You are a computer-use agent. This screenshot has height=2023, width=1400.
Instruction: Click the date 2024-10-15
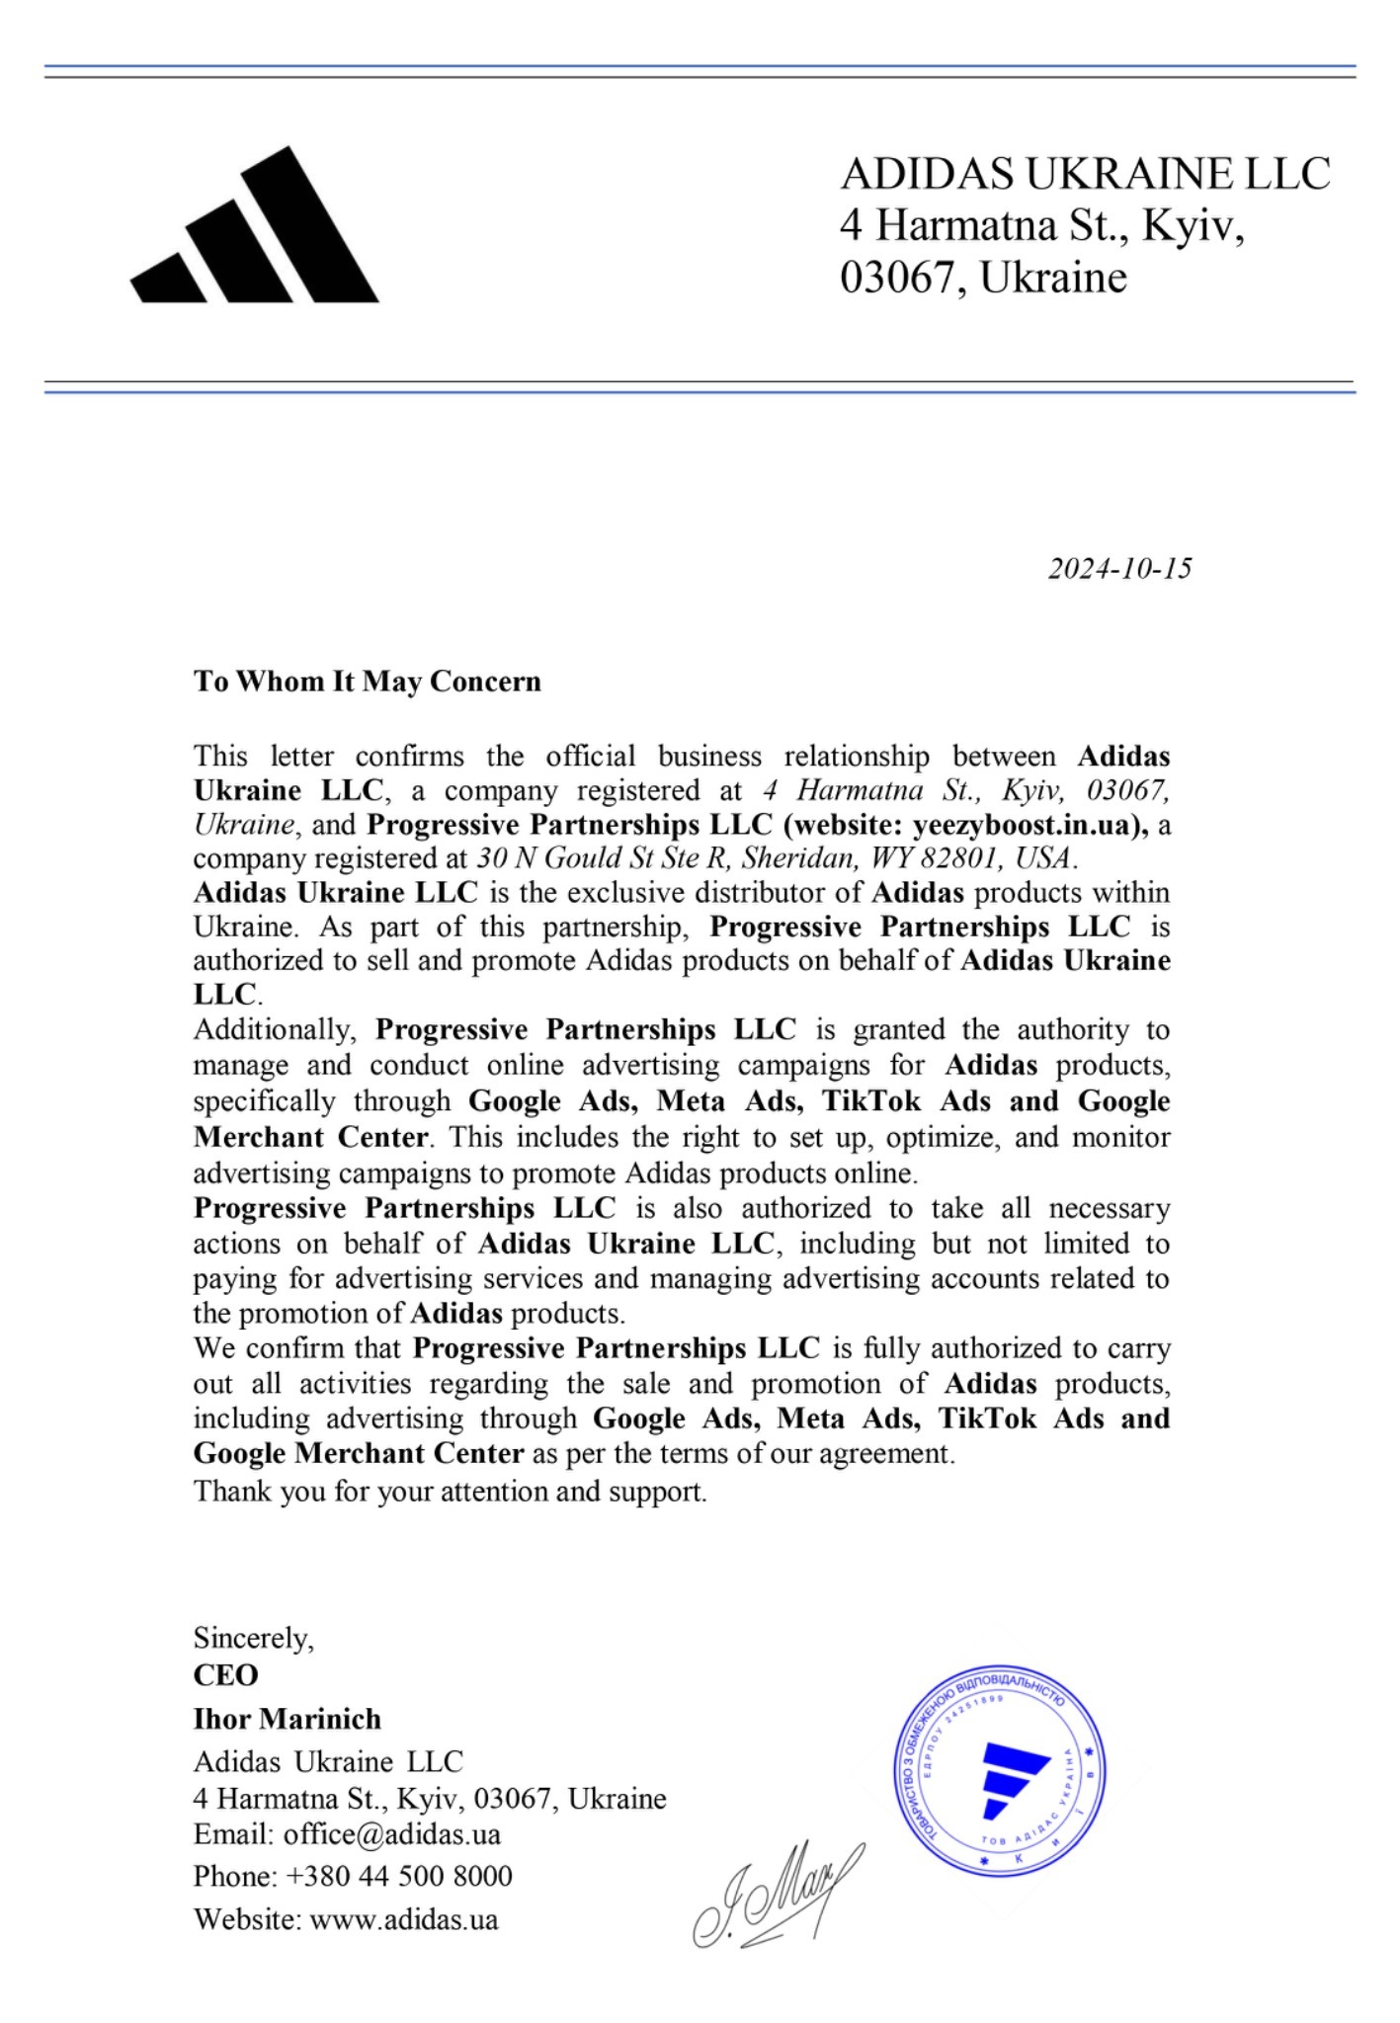tap(1119, 569)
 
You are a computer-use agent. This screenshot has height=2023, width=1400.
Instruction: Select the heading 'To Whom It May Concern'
tap(368, 682)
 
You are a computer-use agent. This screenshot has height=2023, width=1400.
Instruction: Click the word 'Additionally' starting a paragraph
tap(274, 1029)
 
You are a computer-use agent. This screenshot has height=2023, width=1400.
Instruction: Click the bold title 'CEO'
tap(226, 1675)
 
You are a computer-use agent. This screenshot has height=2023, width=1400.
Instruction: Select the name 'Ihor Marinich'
tap(288, 1719)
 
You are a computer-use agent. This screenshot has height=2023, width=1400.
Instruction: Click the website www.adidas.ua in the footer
tap(404, 1920)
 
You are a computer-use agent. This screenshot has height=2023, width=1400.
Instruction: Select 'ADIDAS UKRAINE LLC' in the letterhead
tap(1085, 174)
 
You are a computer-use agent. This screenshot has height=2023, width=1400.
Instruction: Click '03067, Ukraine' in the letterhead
tap(983, 277)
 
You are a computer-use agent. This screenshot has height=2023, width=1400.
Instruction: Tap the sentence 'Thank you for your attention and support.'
tap(451, 1491)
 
